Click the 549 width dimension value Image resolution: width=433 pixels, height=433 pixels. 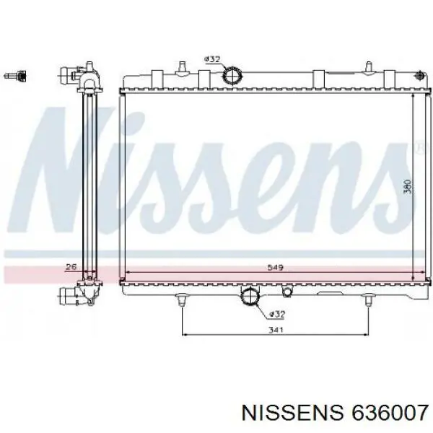tap(276, 267)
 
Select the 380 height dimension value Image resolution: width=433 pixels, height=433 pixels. tap(407, 187)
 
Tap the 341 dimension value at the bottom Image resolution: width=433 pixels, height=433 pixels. tap(276, 330)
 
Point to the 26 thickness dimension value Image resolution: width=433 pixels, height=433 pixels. tap(71, 267)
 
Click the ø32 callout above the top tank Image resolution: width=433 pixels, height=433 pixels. tap(212, 59)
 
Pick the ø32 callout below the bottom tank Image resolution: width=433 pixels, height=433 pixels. tap(277, 314)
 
